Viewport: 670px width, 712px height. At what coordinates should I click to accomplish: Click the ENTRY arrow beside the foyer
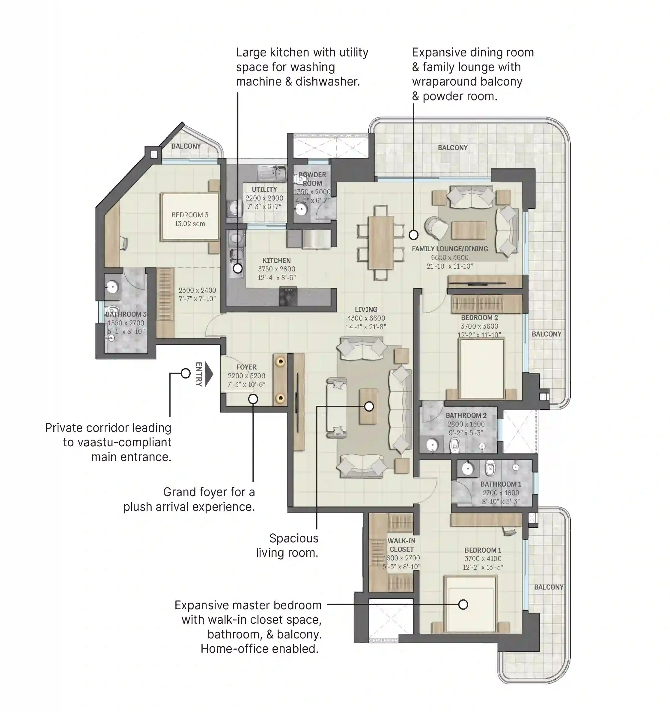(209, 374)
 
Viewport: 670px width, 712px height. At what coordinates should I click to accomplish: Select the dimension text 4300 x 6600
(366, 318)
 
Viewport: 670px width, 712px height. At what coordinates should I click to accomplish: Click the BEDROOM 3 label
(189, 215)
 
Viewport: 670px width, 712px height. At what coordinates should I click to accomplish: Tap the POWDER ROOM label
(312, 179)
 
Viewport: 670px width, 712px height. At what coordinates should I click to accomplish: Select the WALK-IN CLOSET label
(401, 545)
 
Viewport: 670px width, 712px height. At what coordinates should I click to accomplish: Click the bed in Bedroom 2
(481, 369)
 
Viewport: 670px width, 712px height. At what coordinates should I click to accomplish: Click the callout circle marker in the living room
(369, 406)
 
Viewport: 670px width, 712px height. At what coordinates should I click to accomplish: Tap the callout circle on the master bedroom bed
(463, 605)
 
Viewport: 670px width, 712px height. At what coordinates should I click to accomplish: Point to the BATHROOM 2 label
(466, 415)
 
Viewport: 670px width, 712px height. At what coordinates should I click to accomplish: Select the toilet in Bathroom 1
(490, 468)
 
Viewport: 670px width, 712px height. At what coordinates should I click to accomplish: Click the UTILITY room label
(264, 189)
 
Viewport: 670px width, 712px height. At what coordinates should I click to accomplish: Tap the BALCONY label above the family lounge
(452, 148)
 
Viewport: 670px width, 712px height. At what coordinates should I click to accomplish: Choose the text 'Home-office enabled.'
(259, 649)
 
